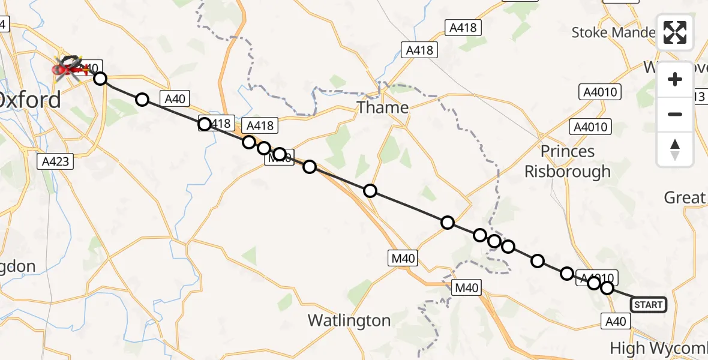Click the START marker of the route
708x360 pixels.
click(648, 305)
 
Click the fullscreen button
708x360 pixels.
click(675, 32)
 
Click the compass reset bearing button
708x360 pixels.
click(675, 149)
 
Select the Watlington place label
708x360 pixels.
click(349, 321)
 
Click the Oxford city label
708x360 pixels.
click(30, 100)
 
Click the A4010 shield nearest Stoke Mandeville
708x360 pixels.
click(600, 92)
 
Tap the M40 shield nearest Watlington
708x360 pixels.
click(467, 288)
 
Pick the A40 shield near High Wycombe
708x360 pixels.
click(616, 322)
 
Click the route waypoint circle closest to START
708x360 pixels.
click(607, 288)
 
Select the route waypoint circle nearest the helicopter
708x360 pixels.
click(100, 79)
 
